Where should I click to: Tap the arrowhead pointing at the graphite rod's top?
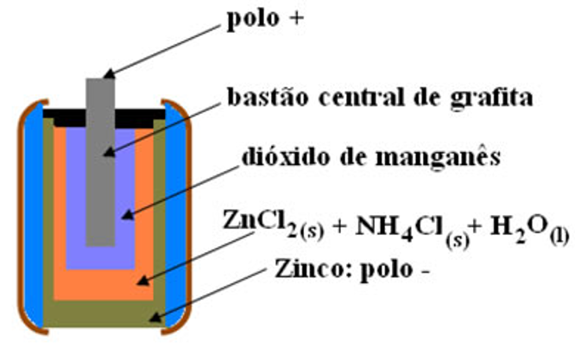point(112,76)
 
